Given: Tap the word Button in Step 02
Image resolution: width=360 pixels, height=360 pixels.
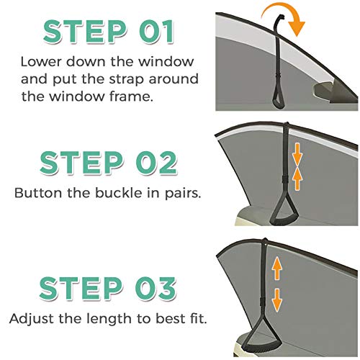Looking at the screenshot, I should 36,193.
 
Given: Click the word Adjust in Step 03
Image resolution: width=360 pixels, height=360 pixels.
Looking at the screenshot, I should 34,318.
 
